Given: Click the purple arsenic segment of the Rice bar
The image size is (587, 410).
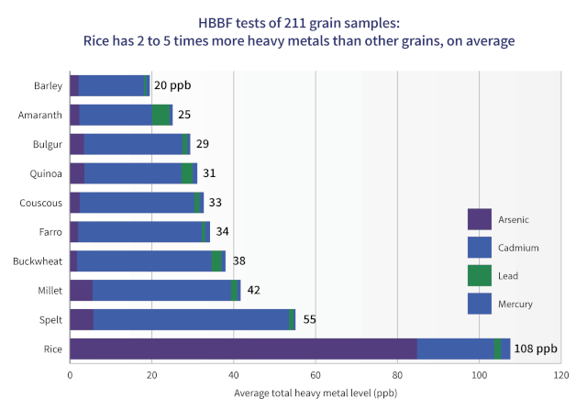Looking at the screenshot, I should point(243,349).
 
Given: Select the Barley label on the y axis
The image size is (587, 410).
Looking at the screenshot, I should point(48,86).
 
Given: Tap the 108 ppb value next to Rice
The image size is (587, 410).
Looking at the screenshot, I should point(536,349).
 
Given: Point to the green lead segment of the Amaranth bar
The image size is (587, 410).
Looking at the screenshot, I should point(161,116).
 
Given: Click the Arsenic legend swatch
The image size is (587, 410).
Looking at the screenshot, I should point(480,219).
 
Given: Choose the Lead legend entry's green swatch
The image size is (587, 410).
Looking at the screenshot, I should point(480,275).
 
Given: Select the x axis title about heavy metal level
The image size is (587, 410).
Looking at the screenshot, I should point(315,394).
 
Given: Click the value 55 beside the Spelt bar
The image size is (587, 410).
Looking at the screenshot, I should point(309,319).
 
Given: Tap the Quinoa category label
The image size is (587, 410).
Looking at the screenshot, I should point(47,173).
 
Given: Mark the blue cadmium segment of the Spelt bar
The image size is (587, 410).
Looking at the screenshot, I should point(191,319).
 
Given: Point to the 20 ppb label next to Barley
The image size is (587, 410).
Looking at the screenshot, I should point(172,86).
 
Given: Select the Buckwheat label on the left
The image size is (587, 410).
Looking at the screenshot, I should point(38,261).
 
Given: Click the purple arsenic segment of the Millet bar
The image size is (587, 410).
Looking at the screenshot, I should point(81,291).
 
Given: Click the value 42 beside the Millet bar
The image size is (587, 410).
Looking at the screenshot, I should point(254,291).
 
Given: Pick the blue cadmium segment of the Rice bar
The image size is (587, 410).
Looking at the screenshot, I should point(455,349).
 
